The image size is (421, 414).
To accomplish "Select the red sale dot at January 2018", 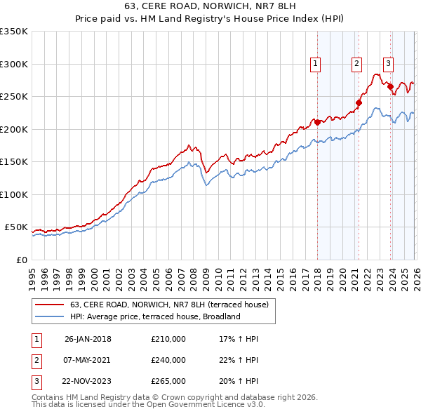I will (x=317, y=122).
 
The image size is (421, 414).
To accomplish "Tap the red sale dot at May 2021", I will (x=358, y=102).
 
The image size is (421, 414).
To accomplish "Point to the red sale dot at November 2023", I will (x=390, y=86).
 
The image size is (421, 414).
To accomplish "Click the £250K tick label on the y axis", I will (x=13, y=96).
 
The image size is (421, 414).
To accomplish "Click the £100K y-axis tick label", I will (x=13, y=194).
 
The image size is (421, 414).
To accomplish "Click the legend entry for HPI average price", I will (x=155, y=316).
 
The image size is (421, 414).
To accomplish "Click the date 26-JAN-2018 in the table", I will (x=88, y=339).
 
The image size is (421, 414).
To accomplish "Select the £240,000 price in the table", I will (x=168, y=360).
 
